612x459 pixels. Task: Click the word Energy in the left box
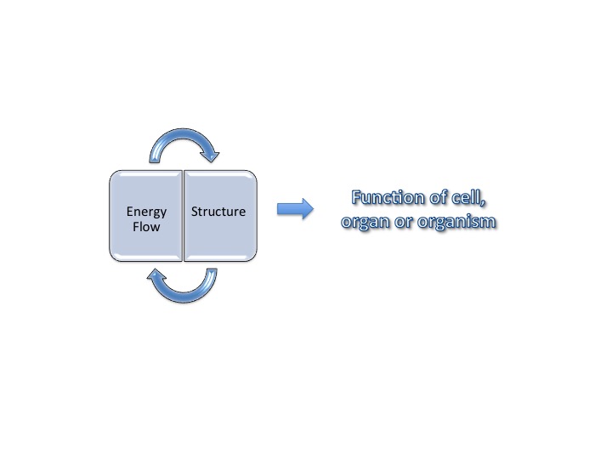pos(146,212)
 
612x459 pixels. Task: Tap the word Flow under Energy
pos(146,227)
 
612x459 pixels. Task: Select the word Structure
pos(218,212)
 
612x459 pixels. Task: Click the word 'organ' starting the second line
pos(364,222)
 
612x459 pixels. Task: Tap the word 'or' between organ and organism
pos(404,222)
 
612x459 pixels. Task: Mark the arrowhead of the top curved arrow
pos(209,154)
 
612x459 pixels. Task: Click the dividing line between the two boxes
pos(184,215)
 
